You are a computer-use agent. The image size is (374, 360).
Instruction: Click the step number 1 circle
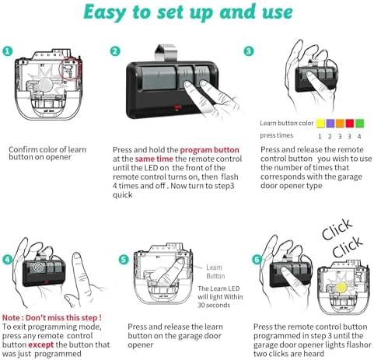[7, 51]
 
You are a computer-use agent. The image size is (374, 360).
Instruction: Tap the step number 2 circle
[115, 51]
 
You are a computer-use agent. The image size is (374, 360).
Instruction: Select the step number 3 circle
[248, 51]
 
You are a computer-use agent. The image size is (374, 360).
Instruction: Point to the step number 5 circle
[124, 260]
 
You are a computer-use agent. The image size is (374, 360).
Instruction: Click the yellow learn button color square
[320, 123]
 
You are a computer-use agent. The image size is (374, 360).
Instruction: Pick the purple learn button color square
[330, 123]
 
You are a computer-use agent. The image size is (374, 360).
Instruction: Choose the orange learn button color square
[340, 123]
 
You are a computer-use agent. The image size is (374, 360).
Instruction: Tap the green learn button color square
[359, 123]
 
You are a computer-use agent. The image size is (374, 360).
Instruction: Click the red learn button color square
[350, 123]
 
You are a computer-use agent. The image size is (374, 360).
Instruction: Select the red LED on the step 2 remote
[177, 107]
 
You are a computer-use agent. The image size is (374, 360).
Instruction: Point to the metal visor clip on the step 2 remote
[165, 53]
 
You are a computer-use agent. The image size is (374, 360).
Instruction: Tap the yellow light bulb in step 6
[341, 287]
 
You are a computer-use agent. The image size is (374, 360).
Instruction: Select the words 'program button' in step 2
[209, 150]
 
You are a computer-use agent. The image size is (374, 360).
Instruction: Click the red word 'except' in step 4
[41, 345]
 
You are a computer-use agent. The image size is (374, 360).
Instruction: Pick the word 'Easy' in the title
[105, 12]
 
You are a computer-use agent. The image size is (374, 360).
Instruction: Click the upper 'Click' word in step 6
[337, 229]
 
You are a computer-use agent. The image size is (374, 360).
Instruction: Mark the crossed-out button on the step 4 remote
[38, 267]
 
